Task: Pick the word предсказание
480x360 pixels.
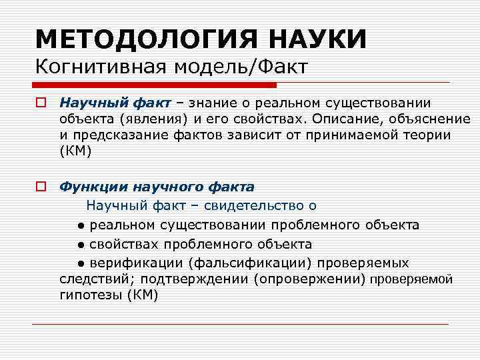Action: pyautogui.click(x=118, y=135)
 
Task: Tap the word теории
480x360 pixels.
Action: pyautogui.click(x=430, y=135)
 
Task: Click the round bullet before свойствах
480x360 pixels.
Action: pyautogui.click(x=80, y=244)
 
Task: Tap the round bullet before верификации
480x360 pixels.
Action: pyautogui.click(x=80, y=263)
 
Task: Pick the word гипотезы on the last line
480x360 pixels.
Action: pyautogui.click(x=90, y=295)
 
